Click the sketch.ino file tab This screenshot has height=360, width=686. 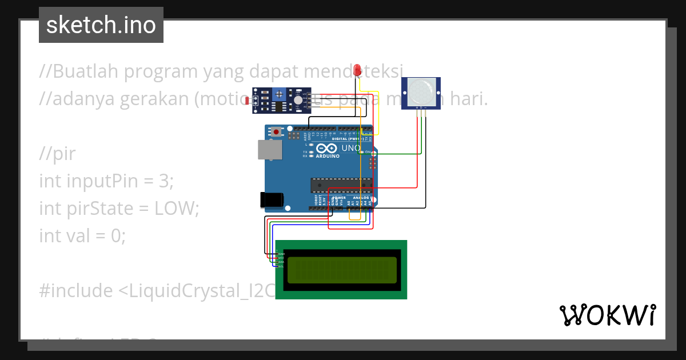click(101, 25)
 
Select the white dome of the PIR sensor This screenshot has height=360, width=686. click(422, 91)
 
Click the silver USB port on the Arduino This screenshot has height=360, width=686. click(269, 150)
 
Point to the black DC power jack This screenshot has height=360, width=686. click(272, 199)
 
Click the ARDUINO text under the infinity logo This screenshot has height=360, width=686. click(328, 155)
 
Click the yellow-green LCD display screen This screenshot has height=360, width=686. click(342, 270)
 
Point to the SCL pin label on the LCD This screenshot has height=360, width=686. click(281, 266)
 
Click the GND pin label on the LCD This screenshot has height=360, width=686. click(281, 253)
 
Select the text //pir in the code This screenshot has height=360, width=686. click(57, 154)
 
